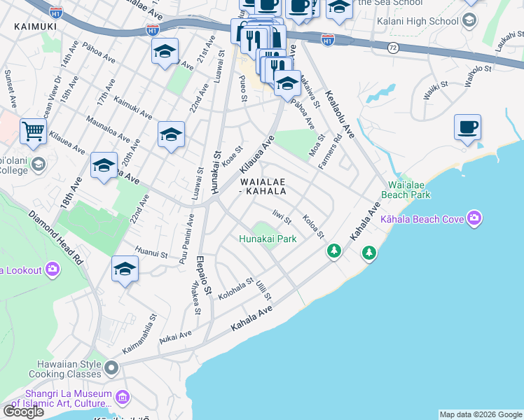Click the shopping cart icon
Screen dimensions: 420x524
(33, 130)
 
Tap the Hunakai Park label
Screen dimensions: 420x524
(268, 239)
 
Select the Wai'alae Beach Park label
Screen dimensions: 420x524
(406, 190)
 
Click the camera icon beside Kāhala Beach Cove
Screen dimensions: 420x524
(475, 219)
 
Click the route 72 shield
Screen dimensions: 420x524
(394, 48)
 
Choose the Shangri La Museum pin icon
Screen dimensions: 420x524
(123, 398)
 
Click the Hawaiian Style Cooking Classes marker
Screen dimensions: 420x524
(111, 367)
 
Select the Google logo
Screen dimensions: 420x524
(24, 412)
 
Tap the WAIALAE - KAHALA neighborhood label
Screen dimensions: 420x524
(263, 185)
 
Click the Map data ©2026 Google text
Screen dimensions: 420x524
(481, 414)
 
